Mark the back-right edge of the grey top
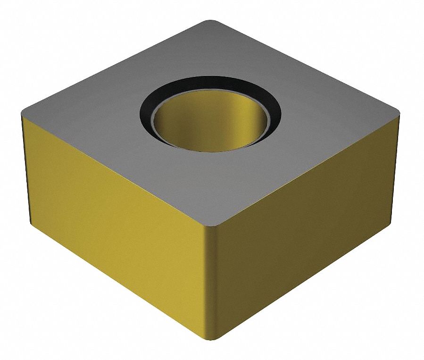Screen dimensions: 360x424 click(x=307, y=66)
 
